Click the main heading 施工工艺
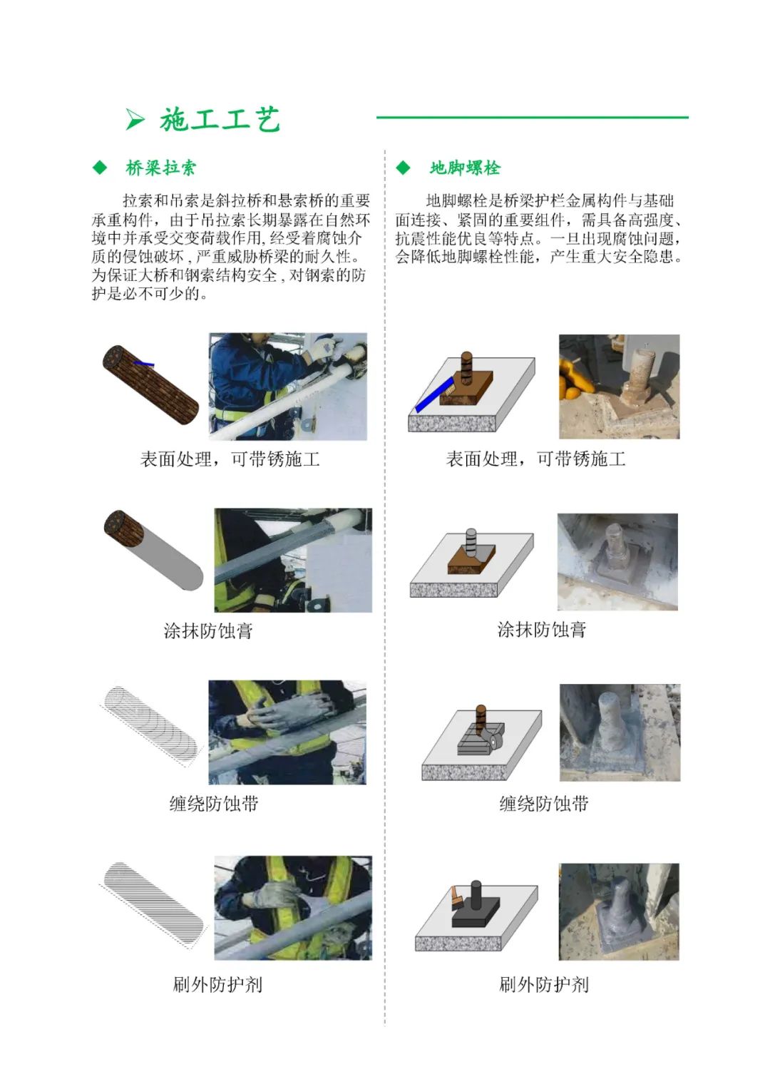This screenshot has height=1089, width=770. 220,120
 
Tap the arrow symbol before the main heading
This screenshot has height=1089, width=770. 135,120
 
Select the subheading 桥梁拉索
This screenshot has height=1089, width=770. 161,168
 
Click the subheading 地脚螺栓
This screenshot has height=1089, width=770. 465,168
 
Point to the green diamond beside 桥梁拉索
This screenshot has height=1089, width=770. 100,168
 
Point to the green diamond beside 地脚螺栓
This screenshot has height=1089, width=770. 403,168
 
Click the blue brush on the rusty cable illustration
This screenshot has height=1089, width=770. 144,363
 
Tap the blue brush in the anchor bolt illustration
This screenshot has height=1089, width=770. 434,394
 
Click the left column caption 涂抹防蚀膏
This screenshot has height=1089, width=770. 208,631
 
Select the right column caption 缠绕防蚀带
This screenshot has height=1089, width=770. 544,804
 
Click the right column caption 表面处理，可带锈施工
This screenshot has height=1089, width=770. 535,459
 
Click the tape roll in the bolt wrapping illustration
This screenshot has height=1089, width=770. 494,740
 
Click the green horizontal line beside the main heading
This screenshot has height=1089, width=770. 533,117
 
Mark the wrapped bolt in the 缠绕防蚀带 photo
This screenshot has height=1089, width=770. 612,721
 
